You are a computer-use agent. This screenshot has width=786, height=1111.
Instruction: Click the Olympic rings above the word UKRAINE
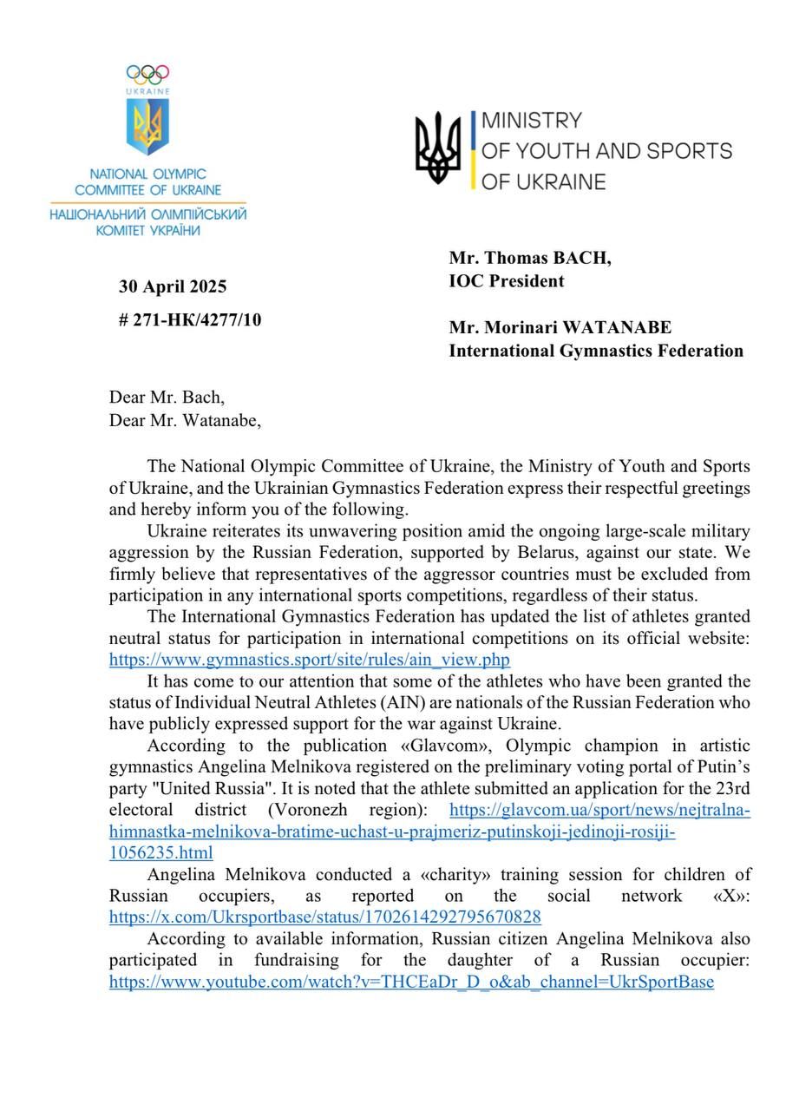click(x=147, y=75)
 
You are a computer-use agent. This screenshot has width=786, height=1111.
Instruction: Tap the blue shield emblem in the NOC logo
click(x=147, y=127)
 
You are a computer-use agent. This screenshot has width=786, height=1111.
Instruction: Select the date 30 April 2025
click(x=173, y=287)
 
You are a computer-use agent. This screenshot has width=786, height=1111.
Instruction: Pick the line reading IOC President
click(x=506, y=280)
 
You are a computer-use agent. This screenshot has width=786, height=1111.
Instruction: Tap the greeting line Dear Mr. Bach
click(x=167, y=398)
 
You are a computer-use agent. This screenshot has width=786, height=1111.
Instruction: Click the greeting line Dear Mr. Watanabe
click(x=185, y=420)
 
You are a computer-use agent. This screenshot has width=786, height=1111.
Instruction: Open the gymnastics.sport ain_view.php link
click(x=309, y=660)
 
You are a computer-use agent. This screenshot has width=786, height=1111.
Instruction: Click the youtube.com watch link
click(x=411, y=983)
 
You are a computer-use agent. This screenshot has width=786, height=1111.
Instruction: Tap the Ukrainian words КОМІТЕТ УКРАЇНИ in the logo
click(x=147, y=230)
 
